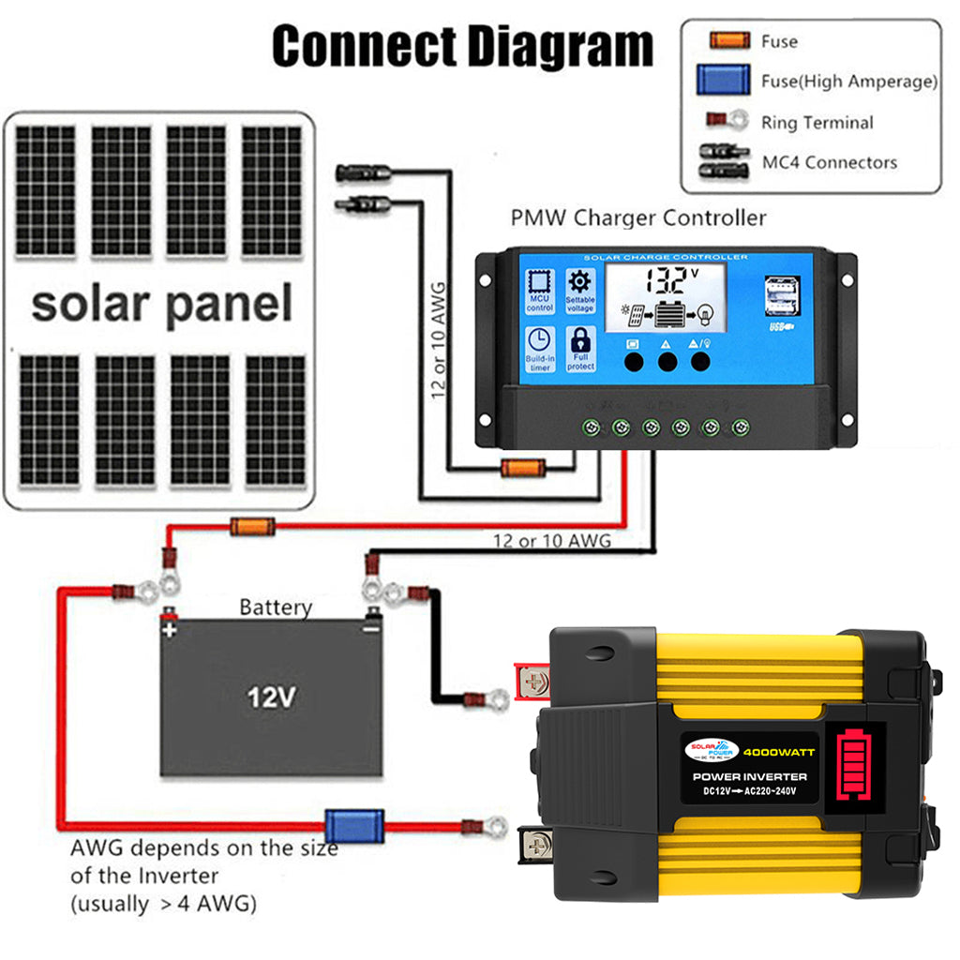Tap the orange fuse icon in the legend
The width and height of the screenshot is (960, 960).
pyautogui.click(x=729, y=41)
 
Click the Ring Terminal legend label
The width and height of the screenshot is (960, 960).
pyautogui.click(x=817, y=122)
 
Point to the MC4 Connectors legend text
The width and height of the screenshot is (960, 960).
pyautogui.click(x=829, y=162)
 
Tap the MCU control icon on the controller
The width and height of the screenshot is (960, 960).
pyautogui.click(x=540, y=289)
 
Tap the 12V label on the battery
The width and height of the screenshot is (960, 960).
pyautogui.click(x=271, y=697)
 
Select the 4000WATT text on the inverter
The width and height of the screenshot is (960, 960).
pyautogui.click(x=780, y=751)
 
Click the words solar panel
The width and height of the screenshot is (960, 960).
pyautogui.click(x=161, y=305)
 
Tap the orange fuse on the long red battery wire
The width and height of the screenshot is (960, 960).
pyautogui.click(x=253, y=527)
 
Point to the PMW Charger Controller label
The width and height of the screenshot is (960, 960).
pyautogui.click(x=637, y=218)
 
